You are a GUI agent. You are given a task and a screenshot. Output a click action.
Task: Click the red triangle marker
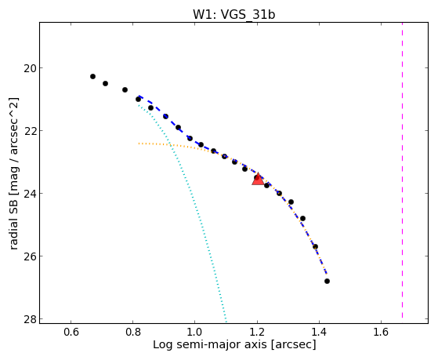(x=258, y=180)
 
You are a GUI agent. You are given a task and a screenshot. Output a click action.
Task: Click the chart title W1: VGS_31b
(x=234, y=15)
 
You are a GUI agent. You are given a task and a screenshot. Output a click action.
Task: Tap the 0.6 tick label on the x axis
(x=71, y=332)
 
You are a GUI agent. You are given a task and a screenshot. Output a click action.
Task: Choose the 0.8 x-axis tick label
(x=133, y=332)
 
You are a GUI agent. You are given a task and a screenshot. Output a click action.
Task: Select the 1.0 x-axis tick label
(x=194, y=332)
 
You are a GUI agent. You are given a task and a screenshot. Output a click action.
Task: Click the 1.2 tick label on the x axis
(x=257, y=332)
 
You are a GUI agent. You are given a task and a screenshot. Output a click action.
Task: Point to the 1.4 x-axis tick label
(x=319, y=332)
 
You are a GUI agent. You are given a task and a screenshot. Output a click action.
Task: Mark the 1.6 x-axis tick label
(x=381, y=332)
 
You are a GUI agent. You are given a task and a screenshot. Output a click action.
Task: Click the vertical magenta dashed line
(x=402, y=170)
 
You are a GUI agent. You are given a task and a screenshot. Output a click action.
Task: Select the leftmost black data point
(x=92, y=76)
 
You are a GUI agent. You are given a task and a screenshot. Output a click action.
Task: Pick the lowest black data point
(x=327, y=281)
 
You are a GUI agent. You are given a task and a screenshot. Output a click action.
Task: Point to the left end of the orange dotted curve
(x=139, y=144)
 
